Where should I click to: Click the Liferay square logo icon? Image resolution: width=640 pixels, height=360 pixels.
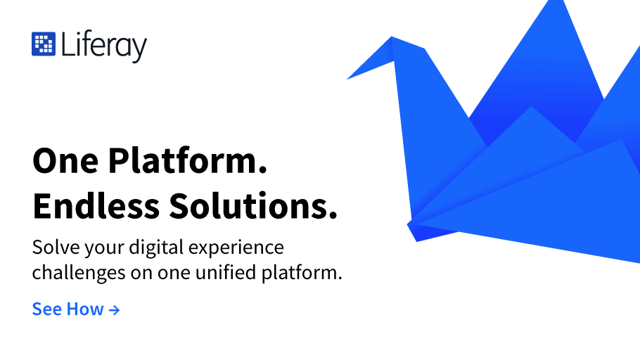click(x=44, y=44)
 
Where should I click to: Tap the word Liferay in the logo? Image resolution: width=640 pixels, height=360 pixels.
click(x=104, y=46)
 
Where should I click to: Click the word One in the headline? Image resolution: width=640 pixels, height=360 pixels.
click(x=65, y=161)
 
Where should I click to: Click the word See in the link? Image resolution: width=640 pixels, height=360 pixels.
click(x=47, y=309)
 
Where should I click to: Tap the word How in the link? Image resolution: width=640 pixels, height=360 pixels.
click(x=85, y=309)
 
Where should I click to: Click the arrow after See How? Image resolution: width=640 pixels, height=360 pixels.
click(x=114, y=310)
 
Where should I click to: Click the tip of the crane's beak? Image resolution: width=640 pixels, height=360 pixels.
click(x=347, y=79)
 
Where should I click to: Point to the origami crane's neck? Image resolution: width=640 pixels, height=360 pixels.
click(x=412, y=102)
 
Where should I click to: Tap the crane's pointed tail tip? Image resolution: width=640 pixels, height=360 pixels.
click(x=563, y=2)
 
